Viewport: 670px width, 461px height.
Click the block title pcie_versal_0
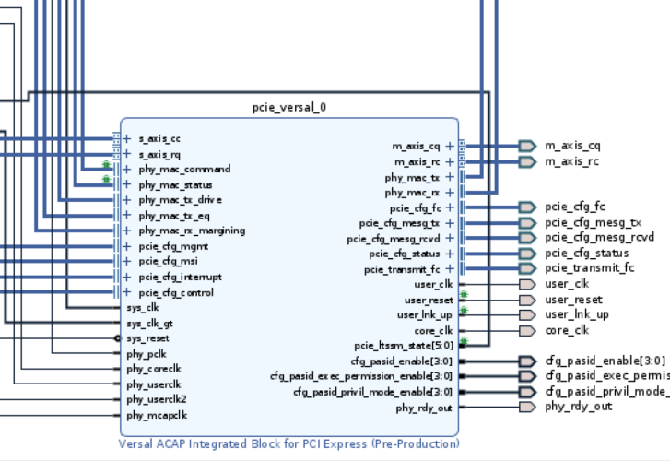point(288,107)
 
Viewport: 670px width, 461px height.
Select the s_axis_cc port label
point(159,139)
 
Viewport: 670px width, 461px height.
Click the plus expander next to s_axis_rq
point(127,154)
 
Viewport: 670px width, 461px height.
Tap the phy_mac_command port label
point(184,170)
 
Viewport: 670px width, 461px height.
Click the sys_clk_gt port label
point(149,323)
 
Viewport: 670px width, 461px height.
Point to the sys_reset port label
point(147,338)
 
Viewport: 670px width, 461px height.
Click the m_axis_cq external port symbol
point(526,146)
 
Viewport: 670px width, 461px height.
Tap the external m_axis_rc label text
point(572,161)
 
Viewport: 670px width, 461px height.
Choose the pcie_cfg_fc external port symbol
point(526,207)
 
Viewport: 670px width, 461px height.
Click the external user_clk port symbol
point(526,284)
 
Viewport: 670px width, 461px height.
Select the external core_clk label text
point(567,330)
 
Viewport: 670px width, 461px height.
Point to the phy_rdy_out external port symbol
point(526,407)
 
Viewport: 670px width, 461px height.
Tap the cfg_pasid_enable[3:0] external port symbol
point(526,361)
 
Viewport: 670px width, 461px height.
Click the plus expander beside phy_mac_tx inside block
point(449,177)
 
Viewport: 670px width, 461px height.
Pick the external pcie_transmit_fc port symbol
point(526,268)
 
